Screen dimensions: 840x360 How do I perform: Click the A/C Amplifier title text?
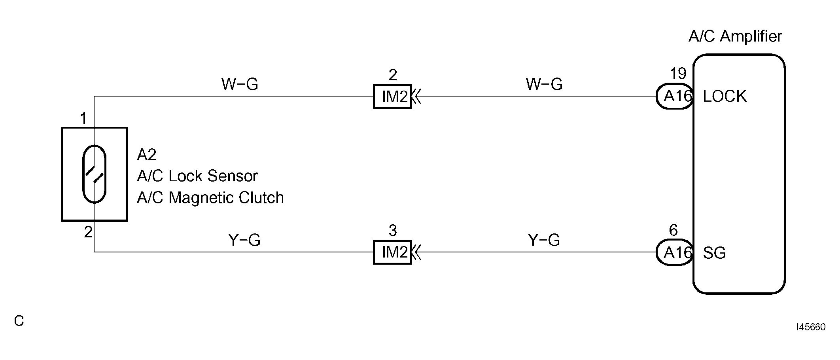(x=735, y=36)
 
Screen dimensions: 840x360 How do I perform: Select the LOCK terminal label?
(x=725, y=97)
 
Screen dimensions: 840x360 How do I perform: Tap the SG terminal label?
(x=714, y=253)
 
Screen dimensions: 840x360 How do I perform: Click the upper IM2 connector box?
(x=392, y=96)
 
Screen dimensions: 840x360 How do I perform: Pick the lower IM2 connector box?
(x=392, y=252)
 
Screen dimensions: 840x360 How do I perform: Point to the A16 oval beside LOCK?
(x=675, y=96)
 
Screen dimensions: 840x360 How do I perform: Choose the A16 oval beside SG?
(x=675, y=252)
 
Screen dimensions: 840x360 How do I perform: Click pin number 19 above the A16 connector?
(x=678, y=74)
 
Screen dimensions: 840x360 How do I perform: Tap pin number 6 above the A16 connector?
(x=673, y=230)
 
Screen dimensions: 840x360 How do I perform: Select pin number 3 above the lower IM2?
(x=392, y=230)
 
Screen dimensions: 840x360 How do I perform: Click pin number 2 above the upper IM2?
(x=393, y=74)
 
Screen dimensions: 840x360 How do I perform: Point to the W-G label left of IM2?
(x=240, y=84)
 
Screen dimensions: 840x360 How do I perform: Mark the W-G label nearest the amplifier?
(x=544, y=84)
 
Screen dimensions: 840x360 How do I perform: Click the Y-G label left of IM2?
(x=244, y=240)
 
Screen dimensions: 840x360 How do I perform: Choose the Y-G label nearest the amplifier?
(x=544, y=240)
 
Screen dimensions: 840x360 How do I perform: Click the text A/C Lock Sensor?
(x=197, y=176)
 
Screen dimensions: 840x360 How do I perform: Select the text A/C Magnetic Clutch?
(x=210, y=198)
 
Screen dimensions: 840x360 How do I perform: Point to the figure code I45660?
(x=811, y=327)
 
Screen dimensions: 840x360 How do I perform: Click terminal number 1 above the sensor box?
(x=83, y=118)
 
